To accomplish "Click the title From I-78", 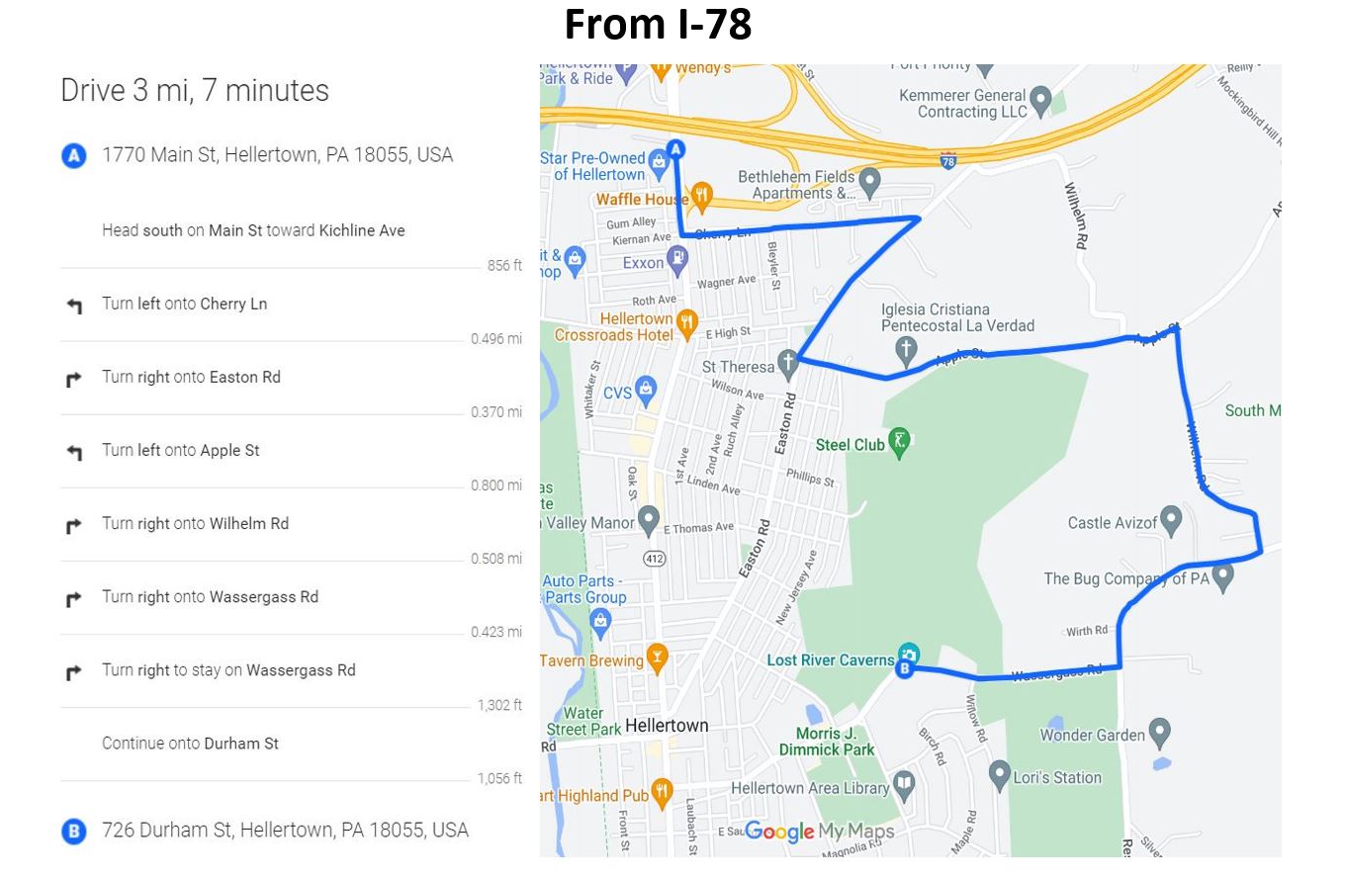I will [658, 25].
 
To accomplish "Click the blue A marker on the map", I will [675, 149].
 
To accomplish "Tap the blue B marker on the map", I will [903, 669].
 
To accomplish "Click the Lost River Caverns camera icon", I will [909, 655].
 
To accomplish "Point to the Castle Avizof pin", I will [1171, 518].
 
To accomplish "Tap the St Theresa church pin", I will [788, 362].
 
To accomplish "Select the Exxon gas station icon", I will [677, 260].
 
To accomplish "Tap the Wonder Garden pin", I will [1160, 732].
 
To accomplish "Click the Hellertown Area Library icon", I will [904, 785].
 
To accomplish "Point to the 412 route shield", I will [655, 559].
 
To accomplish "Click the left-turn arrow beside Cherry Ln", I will [74, 306].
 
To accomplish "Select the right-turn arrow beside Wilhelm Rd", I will [74, 525].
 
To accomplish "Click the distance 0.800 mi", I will [495, 485].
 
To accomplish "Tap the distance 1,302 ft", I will [499, 705].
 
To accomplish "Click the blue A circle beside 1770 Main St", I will [74, 156].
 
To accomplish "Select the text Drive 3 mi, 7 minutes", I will [195, 91].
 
